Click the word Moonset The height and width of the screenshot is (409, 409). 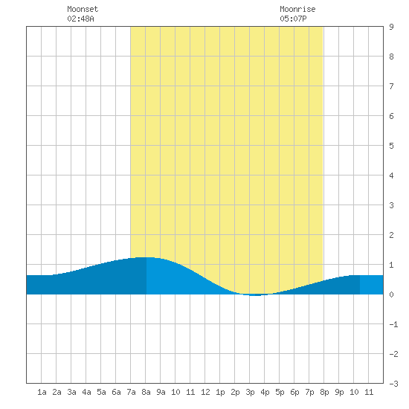tap(83, 9)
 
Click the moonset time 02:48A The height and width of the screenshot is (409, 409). tap(80, 19)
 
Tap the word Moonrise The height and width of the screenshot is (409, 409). tap(297, 9)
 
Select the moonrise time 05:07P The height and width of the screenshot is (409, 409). tap(293, 19)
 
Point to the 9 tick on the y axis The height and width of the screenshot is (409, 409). tap(391, 27)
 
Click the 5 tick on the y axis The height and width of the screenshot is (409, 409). tap(391, 146)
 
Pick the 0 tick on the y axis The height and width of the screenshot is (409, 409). tap(391, 294)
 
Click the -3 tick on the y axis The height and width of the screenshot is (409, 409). tap(393, 384)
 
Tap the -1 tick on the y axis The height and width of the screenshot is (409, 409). tap(393, 324)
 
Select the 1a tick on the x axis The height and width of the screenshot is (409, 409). tap(42, 392)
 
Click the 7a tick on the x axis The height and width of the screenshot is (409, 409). tap(131, 392)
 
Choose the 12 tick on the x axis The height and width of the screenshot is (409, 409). tap(205, 392)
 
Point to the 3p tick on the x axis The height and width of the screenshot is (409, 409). tap(250, 392)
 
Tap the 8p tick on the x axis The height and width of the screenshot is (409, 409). tap(324, 392)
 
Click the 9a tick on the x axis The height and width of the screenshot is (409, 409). tap(161, 392)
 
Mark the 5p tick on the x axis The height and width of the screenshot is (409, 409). tap(280, 392)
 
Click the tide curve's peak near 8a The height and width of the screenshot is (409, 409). tap(146, 257)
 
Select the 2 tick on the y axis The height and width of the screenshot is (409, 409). tap(391, 235)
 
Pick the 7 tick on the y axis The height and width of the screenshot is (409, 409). tap(391, 86)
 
